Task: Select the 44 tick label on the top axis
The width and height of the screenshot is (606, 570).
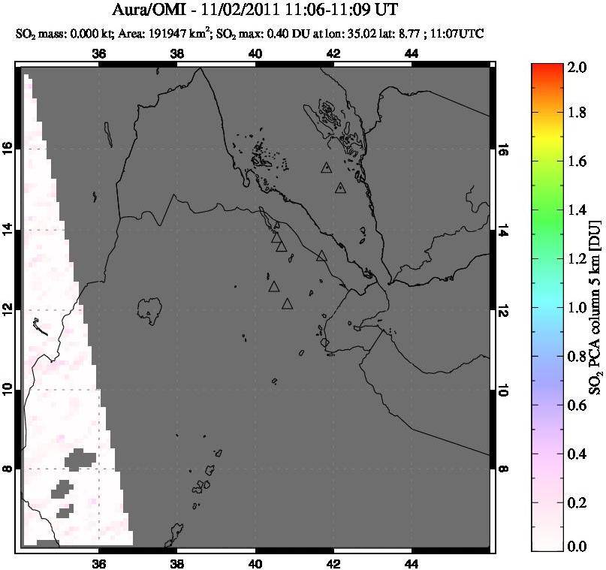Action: tap(411, 53)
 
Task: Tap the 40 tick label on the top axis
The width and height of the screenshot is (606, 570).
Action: tap(255, 53)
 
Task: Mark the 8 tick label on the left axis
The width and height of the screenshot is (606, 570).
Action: tap(10, 469)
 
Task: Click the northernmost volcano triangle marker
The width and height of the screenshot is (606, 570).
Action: tap(326, 168)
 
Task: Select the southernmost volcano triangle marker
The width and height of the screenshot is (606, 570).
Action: tap(287, 304)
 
